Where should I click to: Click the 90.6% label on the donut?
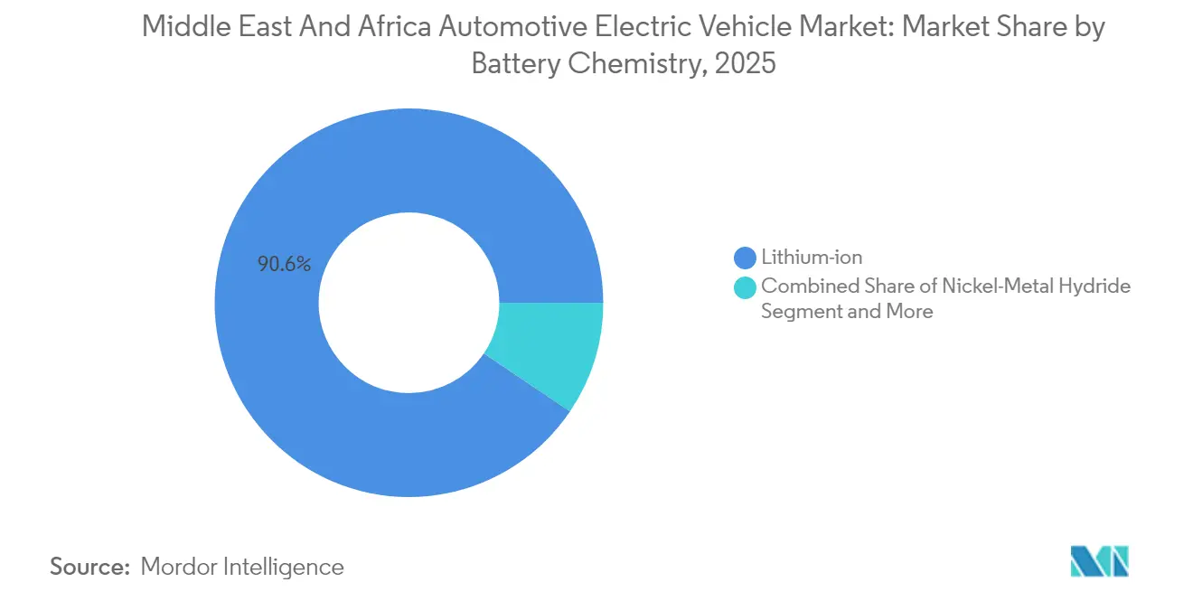(x=284, y=265)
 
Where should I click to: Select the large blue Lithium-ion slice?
(x=362, y=425)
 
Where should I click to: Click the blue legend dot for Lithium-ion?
(x=745, y=258)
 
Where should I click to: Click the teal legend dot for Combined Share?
(x=745, y=287)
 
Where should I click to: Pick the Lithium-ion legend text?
(x=812, y=258)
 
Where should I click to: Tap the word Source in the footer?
(x=89, y=567)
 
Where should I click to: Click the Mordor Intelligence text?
(x=242, y=567)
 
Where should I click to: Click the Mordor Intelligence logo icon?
(x=1099, y=562)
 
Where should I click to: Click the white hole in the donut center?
(x=409, y=303)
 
